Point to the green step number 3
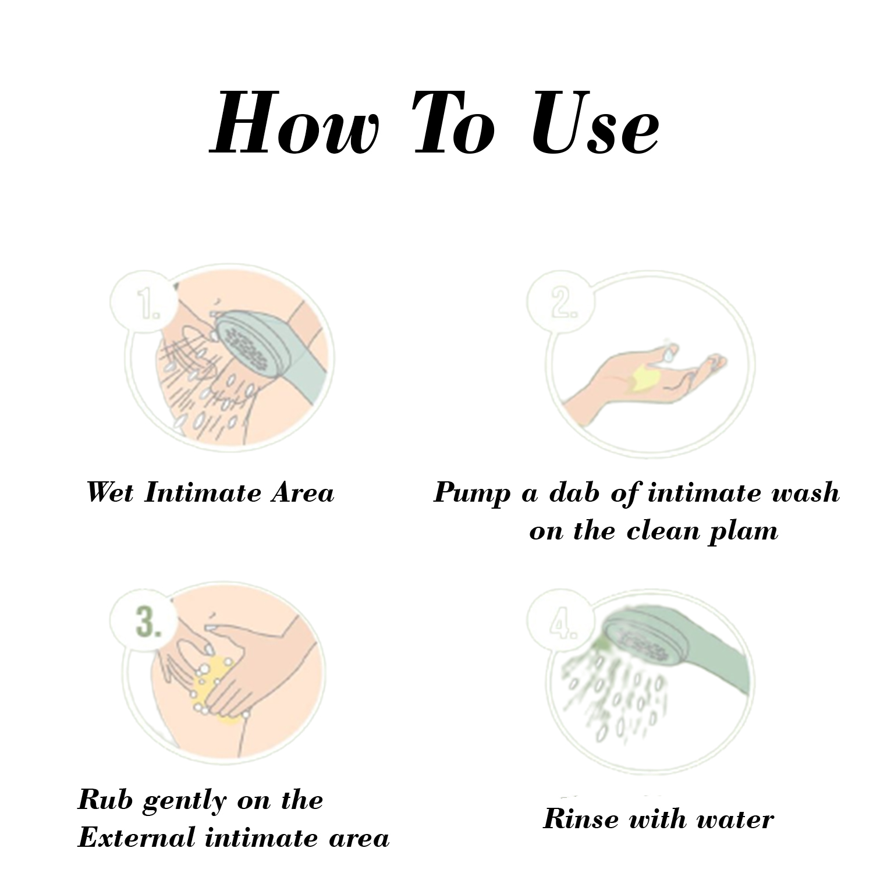[149, 622]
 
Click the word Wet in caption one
[110, 492]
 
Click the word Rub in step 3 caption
[105, 800]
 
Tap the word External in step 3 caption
[137, 838]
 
